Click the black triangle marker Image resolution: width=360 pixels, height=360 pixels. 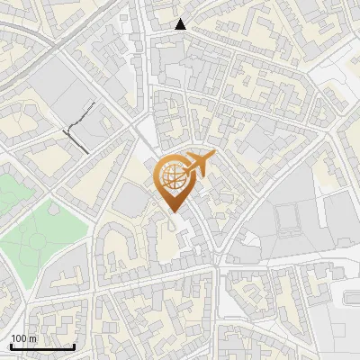coord(182,24)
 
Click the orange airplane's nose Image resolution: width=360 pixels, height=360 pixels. coord(213,157)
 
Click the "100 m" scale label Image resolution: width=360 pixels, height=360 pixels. coord(23,338)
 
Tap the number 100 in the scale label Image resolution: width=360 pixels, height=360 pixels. coord(19,338)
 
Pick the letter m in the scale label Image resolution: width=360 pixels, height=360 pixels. coord(32,338)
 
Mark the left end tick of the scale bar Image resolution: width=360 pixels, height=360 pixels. coord(11,345)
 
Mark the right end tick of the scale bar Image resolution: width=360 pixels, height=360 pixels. coord(74,345)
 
